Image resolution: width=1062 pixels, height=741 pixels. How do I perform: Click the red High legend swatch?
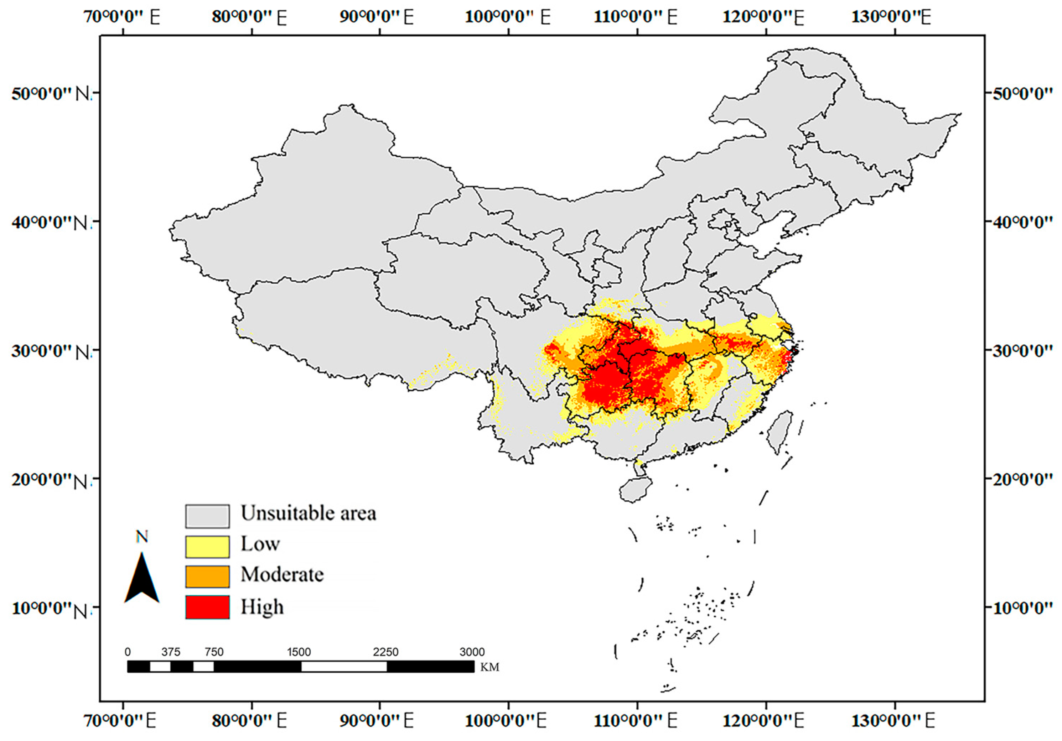tap(207, 607)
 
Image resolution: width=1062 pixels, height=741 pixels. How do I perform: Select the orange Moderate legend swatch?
tap(207, 576)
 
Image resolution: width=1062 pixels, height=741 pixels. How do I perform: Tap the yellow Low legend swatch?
tap(207, 546)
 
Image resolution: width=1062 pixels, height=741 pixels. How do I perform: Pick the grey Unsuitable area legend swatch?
tap(207, 516)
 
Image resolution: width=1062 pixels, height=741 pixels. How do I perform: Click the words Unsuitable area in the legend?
tap(309, 513)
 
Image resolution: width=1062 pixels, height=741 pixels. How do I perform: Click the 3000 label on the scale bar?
tap(472, 652)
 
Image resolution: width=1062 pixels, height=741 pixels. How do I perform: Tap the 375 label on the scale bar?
tap(171, 652)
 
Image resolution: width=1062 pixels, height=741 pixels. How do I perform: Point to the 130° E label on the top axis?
tap(891, 17)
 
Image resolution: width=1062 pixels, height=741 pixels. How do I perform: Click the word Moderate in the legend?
tap(282, 575)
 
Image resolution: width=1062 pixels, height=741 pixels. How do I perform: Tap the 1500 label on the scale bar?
tap(299, 652)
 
